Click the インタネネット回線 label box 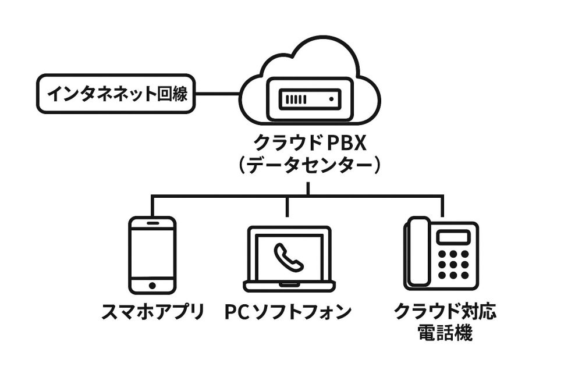pyautogui.click(x=115, y=94)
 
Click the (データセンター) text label pyautogui.click(x=309, y=167)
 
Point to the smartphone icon pyautogui.click(x=151, y=255)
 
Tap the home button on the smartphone pyautogui.click(x=152, y=286)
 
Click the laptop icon pyautogui.click(x=289, y=259)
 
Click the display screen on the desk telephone pyautogui.click(x=452, y=237)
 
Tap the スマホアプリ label pyautogui.click(x=152, y=312)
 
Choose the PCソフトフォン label pyautogui.click(x=289, y=312)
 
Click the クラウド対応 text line pyautogui.click(x=445, y=312)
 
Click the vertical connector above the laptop pyautogui.click(x=288, y=207)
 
